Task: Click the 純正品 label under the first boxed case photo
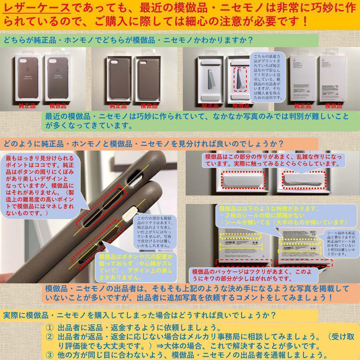click(26, 106)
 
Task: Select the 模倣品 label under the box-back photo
click(334, 106)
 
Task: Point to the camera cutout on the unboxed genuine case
click(114, 63)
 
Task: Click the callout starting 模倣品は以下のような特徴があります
click(283, 215)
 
